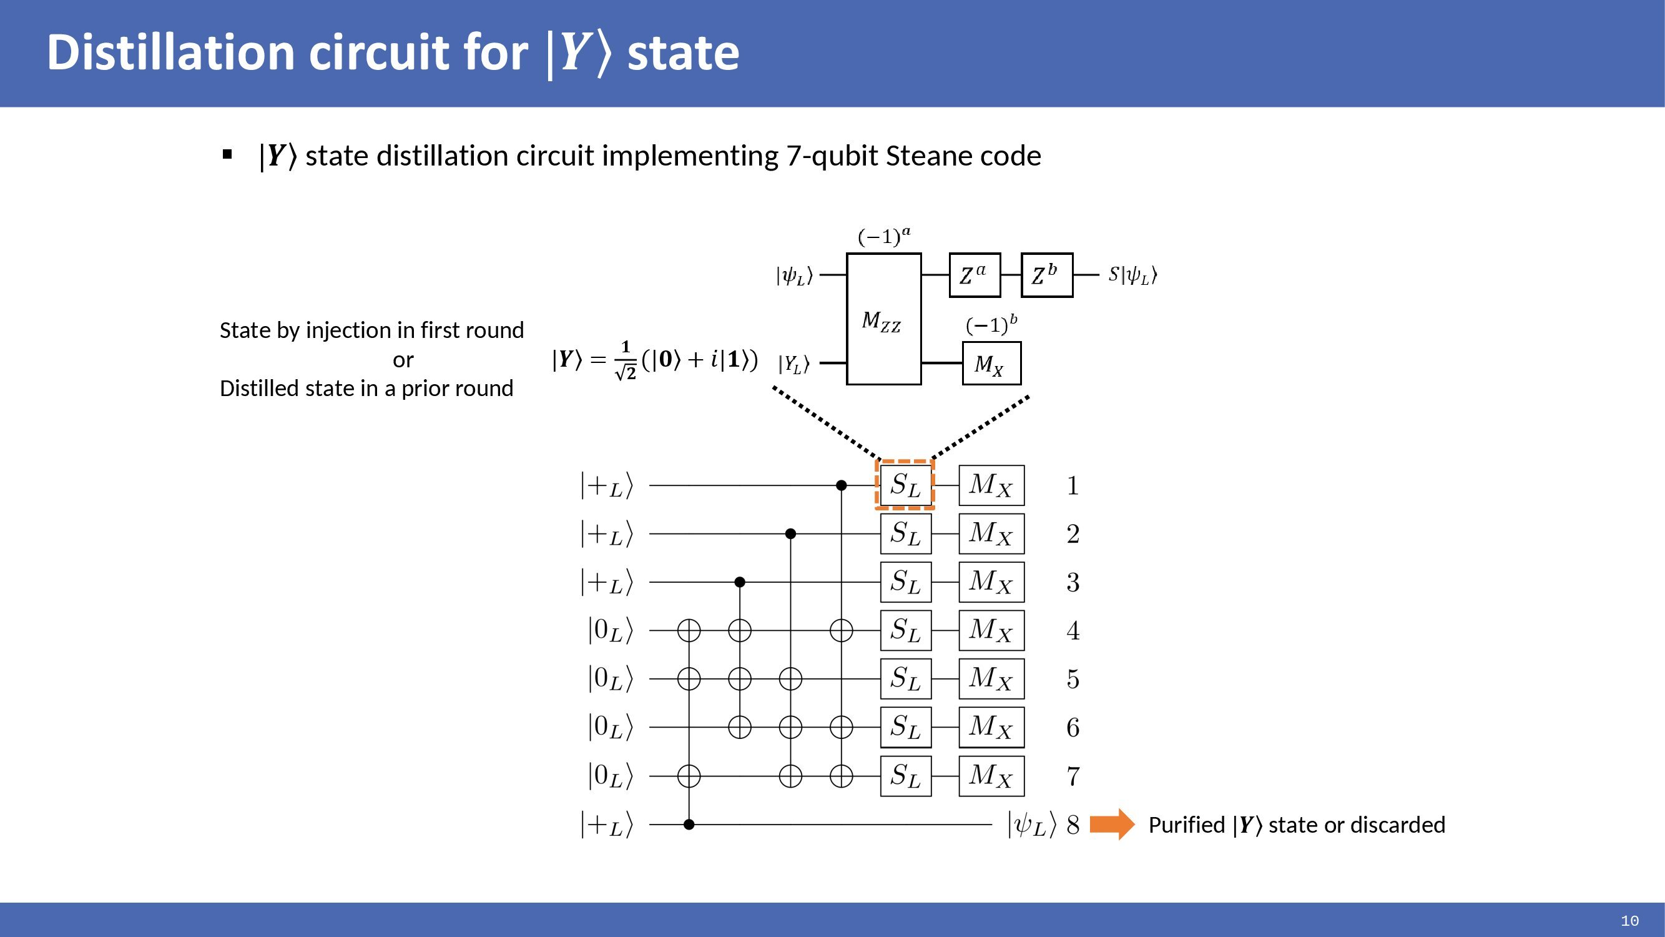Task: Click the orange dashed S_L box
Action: tap(905, 485)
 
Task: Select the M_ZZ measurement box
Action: tap(883, 319)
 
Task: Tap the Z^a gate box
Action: tap(974, 275)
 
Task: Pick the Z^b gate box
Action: tap(1046, 275)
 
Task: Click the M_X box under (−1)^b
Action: tap(991, 364)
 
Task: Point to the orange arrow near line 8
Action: tap(1112, 825)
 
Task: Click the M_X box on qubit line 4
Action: tap(991, 630)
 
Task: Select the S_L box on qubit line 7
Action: tap(905, 775)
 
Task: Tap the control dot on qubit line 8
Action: tap(689, 825)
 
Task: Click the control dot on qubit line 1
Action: tap(841, 485)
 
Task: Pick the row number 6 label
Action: tap(1073, 728)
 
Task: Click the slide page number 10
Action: tap(1629, 921)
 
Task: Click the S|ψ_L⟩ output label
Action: tap(1132, 275)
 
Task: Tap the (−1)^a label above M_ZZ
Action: tap(883, 236)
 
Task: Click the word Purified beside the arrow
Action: tap(1186, 825)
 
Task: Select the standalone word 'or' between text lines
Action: tap(403, 360)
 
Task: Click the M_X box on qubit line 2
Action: tap(991, 533)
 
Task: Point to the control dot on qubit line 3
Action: tap(740, 582)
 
